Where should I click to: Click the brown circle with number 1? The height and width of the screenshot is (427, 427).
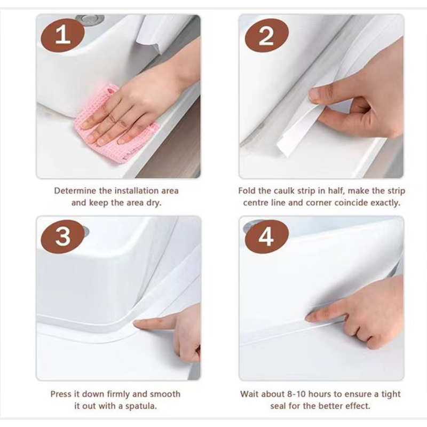pyautogui.click(x=62, y=37)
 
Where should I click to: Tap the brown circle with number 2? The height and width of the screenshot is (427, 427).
pyautogui.click(x=266, y=37)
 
